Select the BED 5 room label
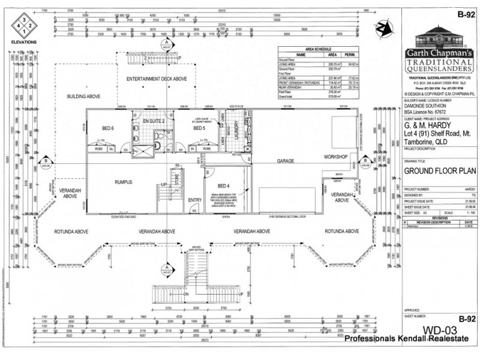point(199,128)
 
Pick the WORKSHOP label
point(336,157)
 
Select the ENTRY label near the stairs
point(195,200)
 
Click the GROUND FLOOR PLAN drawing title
point(434,170)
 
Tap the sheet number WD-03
point(440,330)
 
